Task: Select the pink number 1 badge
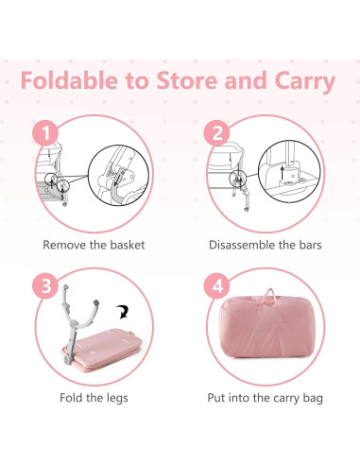coord(46,132)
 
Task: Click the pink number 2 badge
coord(217,132)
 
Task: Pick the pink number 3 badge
coord(46,285)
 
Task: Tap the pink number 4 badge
coord(217,285)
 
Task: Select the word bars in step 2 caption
coord(308,244)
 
